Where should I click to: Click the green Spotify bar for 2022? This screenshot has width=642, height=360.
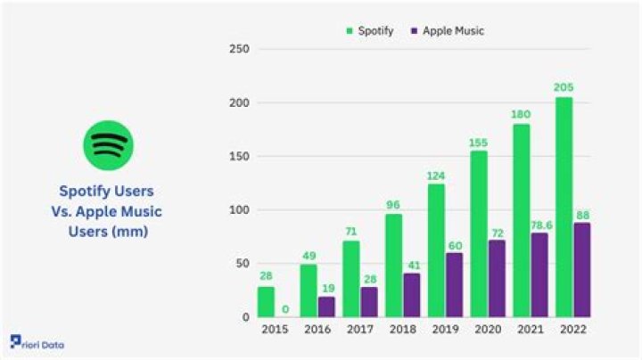(564, 207)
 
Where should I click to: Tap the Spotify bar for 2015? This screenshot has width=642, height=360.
(266, 302)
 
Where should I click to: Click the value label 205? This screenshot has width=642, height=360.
(564, 87)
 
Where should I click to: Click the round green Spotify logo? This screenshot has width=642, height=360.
(108, 144)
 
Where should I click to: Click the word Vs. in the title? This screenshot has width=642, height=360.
(69, 210)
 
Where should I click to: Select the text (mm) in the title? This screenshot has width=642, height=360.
(129, 230)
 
